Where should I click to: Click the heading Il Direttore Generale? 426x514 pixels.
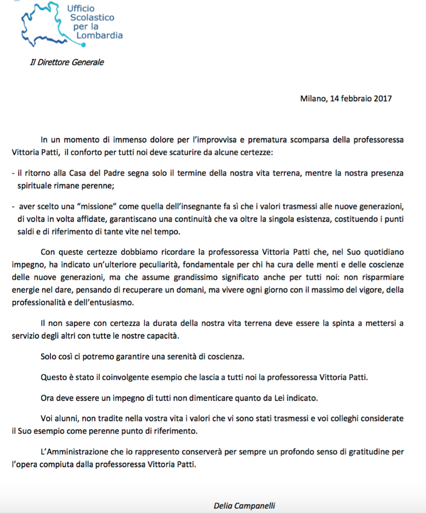tap(67, 62)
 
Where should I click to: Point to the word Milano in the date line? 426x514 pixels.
tap(312, 99)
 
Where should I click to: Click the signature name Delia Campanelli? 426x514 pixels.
tap(245, 505)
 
